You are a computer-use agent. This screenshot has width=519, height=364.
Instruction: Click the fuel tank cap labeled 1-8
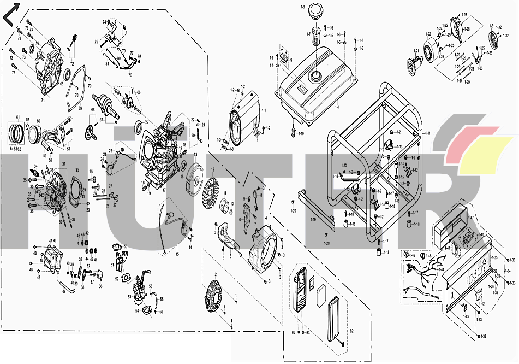[x=315, y=12]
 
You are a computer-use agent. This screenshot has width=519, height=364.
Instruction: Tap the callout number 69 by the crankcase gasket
[x=80, y=109]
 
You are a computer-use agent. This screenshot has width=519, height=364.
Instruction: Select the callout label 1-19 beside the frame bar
[x=314, y=220]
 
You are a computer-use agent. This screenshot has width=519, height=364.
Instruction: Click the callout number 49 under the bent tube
[x=64, y=291]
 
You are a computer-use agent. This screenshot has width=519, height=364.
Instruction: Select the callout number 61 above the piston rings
[x=18, y=118]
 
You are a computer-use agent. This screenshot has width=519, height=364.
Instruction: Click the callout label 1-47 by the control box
[x=470, y=218]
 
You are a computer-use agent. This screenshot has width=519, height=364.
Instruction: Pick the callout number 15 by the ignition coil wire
[x=176, y=255]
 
